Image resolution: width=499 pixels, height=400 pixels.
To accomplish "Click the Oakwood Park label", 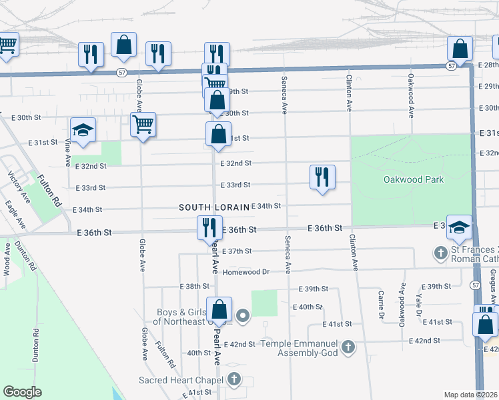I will tap(414, 179).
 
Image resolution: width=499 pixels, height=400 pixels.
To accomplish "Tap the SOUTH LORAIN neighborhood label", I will tap(214, 207).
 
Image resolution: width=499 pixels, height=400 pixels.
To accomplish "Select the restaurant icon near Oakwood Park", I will tap(322, 177).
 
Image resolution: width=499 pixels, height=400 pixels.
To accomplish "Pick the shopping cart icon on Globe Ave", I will tap(143, 125).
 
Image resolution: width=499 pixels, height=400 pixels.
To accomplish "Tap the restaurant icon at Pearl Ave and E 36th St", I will tap(209, 227).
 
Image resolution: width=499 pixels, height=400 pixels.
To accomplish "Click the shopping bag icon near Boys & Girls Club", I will tap(219, 309).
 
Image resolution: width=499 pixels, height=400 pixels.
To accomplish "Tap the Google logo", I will tap(22, 392).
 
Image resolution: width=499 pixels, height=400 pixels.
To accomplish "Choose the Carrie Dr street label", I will tap(381, 304).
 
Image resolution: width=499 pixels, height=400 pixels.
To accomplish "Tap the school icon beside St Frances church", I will tap(459, 227).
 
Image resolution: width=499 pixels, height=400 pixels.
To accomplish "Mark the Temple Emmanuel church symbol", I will tap(348, 347).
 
